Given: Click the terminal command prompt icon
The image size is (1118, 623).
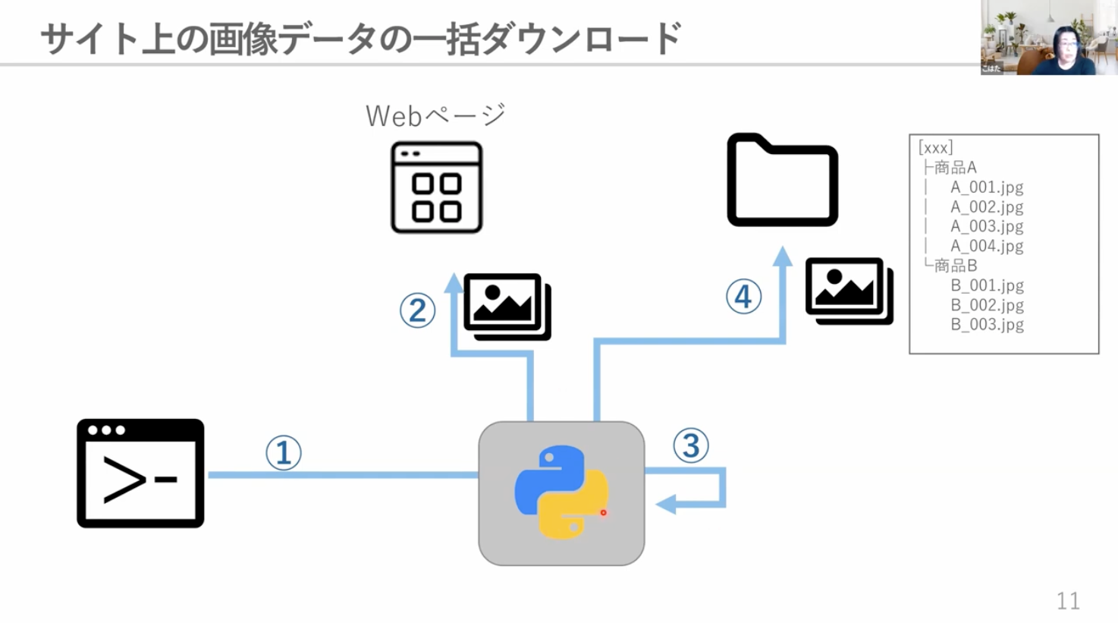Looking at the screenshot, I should pyautogui.click(x=140, y=473).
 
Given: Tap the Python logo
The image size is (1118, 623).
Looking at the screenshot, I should pyautogui.click(x=561, y=492).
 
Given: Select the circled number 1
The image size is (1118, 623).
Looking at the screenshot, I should pyautogui.click(x=284, y=453).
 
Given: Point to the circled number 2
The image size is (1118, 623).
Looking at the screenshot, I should pyautogui.click(x=417, y=310).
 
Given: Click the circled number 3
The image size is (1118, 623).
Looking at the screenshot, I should pyautogui.click(x=691, y=446).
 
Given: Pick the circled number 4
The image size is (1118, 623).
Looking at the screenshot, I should pyautogui.click(x=743, y=297).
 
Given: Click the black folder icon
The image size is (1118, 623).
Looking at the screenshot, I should pyautogui.click(x=782, y=181).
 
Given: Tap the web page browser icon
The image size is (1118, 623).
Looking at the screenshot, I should pyautogui.click(x=436, y=187).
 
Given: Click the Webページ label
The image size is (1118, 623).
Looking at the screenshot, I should pyautogui.click(x=435, y=116).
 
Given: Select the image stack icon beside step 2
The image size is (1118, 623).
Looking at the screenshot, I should pyautogui.click(x=507, y=307).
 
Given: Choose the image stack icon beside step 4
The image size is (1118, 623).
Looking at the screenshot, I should pyautogui.click(x=849, y=291).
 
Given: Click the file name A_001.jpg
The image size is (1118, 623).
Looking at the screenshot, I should pyautogui.click(x=987, y=187).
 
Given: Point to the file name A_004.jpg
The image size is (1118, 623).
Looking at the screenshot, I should pyautogui.click(x=987, y=246).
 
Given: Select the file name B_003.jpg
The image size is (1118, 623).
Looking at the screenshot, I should pyautogui.click(x=987, y=325).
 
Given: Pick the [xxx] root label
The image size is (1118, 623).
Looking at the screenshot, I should pyautogui.click(x=935, y=147).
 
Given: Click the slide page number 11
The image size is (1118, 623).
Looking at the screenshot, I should pyautogui.click(x=1068, y=601).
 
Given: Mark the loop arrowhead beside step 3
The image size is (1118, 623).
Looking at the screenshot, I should pyautogui.click(x=667, y=504).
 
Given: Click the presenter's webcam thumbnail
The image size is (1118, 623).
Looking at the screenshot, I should pyautogui.click(x=1049, y=37).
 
